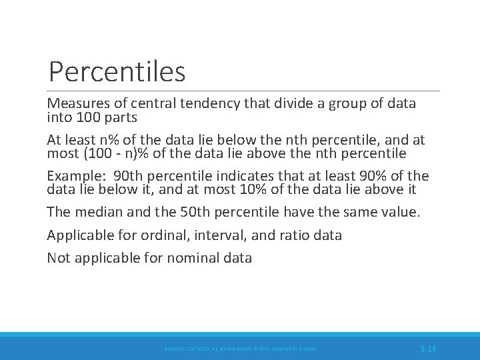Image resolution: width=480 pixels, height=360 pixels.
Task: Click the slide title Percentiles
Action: click(117, 71)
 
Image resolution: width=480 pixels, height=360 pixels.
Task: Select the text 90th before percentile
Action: click(128, 176)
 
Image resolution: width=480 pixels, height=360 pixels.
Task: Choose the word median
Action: click(97, 213)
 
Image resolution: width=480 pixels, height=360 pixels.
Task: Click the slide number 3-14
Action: click(427, 349)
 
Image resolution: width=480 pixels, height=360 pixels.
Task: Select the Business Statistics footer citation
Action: click(240, 349)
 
